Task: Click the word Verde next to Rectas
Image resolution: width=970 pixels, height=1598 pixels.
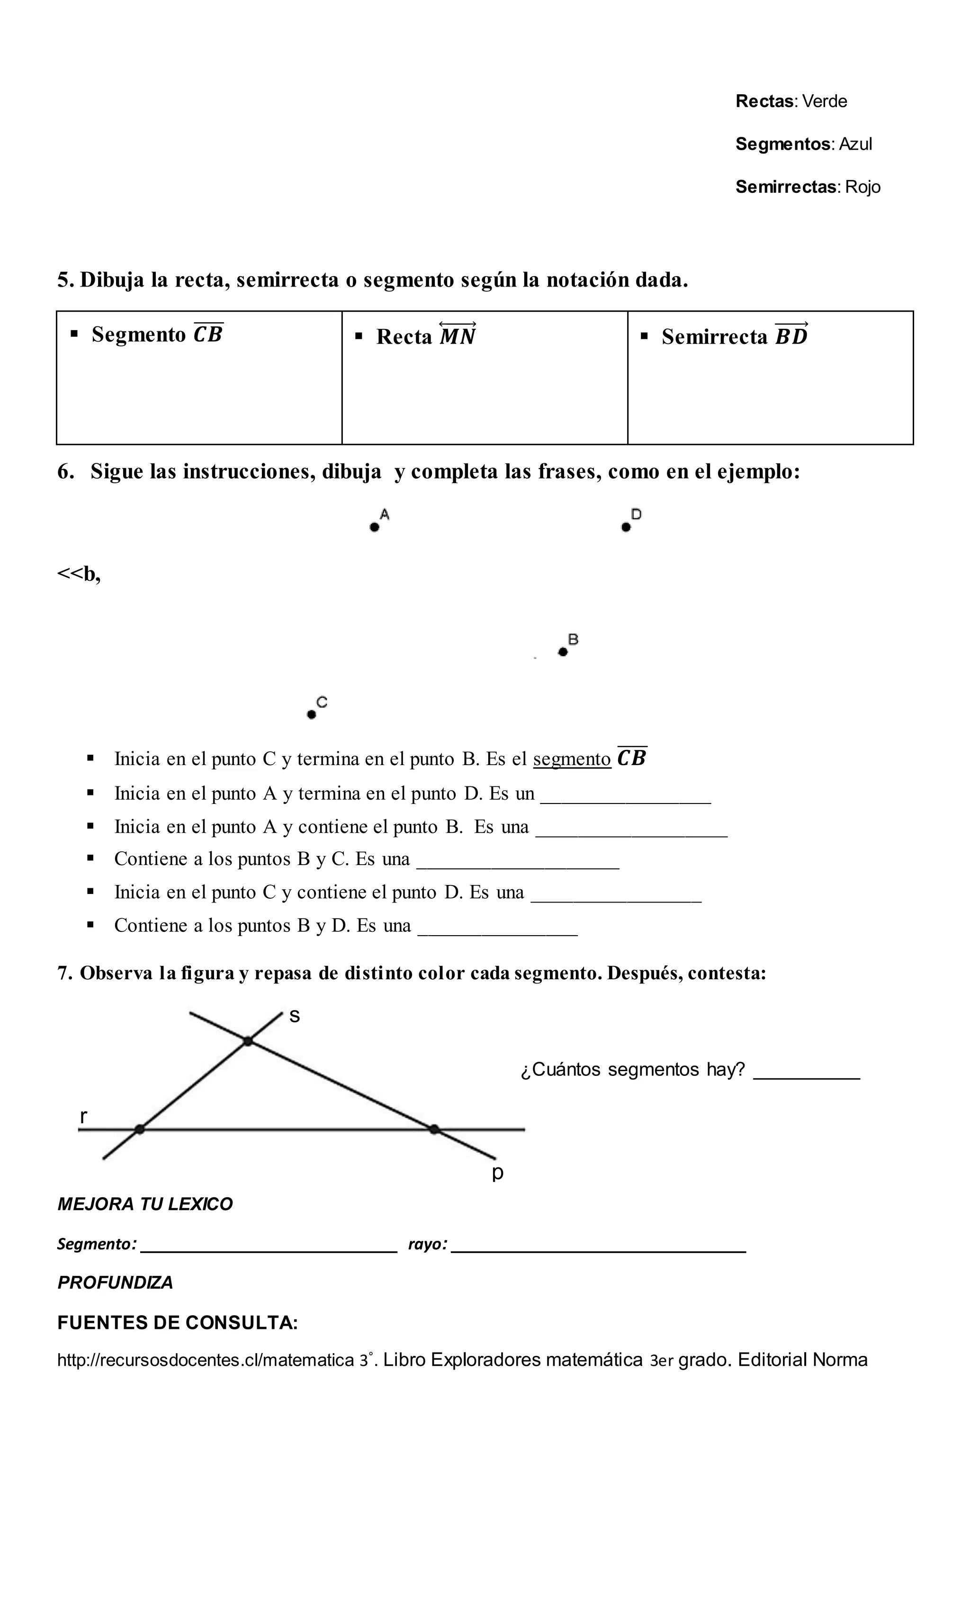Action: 824,101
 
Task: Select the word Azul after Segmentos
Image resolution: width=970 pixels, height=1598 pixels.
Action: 855,144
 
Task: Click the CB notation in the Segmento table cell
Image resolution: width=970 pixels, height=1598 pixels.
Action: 208,334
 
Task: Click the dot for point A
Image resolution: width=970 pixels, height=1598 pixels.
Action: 374,527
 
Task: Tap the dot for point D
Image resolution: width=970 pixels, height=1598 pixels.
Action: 626,527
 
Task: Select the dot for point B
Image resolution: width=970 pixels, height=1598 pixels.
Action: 563,652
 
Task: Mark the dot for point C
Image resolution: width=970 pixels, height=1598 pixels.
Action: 311,715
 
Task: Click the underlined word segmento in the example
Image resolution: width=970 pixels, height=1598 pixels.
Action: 572,759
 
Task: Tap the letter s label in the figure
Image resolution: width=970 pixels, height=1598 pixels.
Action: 295,1016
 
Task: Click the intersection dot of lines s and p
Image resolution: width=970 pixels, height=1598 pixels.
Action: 248,1041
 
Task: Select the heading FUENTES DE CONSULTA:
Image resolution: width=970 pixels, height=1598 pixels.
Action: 178,1323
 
